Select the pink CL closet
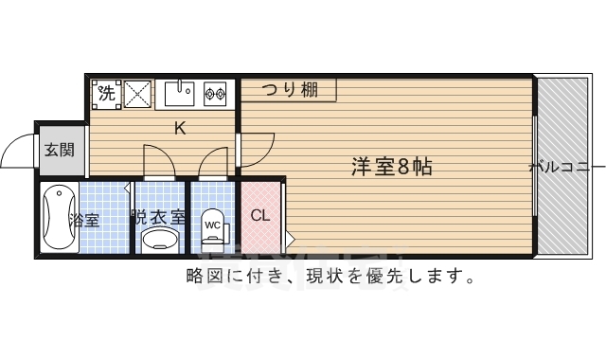point(260,216)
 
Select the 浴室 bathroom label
point(84,221)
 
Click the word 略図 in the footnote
point(202,277)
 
